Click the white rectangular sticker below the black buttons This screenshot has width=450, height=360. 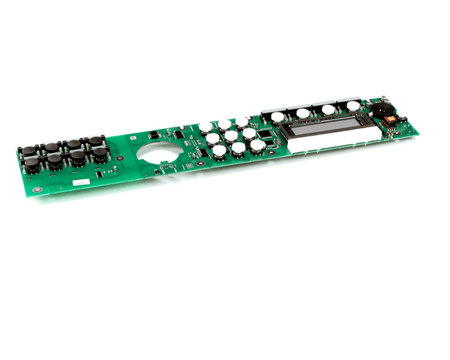click(79, 181)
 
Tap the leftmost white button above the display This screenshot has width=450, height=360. click(278, 117)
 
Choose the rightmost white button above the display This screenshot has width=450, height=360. click(352, 106)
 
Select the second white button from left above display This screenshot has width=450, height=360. click(302, 113)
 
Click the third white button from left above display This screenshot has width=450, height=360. click(328, 109)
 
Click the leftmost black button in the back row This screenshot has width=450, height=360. click(28, 150)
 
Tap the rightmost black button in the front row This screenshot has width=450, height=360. click(100, 152)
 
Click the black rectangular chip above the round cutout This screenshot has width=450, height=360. click(154, 135)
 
